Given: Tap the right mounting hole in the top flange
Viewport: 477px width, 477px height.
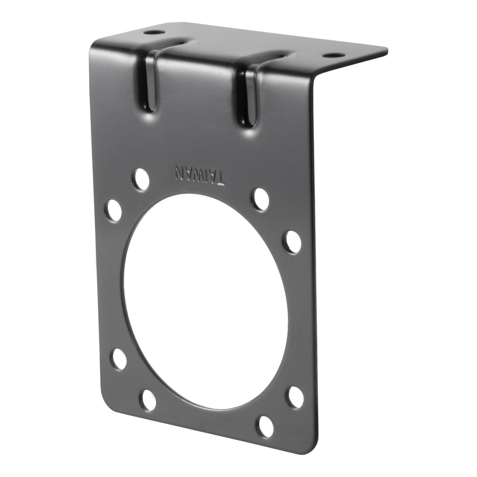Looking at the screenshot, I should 334,55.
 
